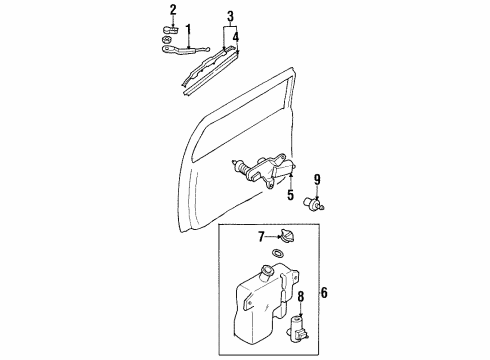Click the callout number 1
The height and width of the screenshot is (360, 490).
pos(188,30)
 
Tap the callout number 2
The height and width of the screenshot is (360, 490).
pos(173,10)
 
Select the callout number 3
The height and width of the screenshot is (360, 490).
pos(230,17)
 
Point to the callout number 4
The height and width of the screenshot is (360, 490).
pos(236,37)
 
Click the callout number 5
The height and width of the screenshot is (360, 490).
pos(291,195)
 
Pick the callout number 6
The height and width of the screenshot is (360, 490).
pos(324,293)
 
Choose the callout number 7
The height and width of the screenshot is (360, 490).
pos(261,237)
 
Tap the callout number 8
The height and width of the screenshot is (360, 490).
pos(301,296)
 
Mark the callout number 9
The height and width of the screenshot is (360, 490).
pos(317,180)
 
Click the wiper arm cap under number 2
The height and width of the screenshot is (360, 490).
pos(170,30)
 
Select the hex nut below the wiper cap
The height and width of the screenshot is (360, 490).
pos(167,40)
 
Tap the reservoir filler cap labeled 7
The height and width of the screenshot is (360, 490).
pos(287,236)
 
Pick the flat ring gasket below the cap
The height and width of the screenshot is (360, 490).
pos(278,253)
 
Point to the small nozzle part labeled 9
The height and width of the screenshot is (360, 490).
pos(314,204)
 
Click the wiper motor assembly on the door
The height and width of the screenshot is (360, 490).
pos(263,171)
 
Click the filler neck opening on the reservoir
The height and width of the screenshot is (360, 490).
pos(268,269)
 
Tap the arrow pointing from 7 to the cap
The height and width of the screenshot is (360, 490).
pos(273,237)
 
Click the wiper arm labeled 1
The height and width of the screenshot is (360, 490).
pos(185,50)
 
